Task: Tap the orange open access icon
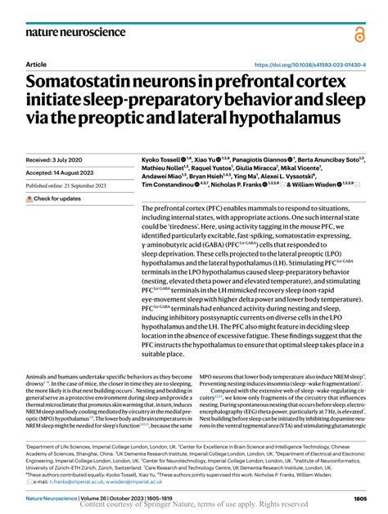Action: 360,34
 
